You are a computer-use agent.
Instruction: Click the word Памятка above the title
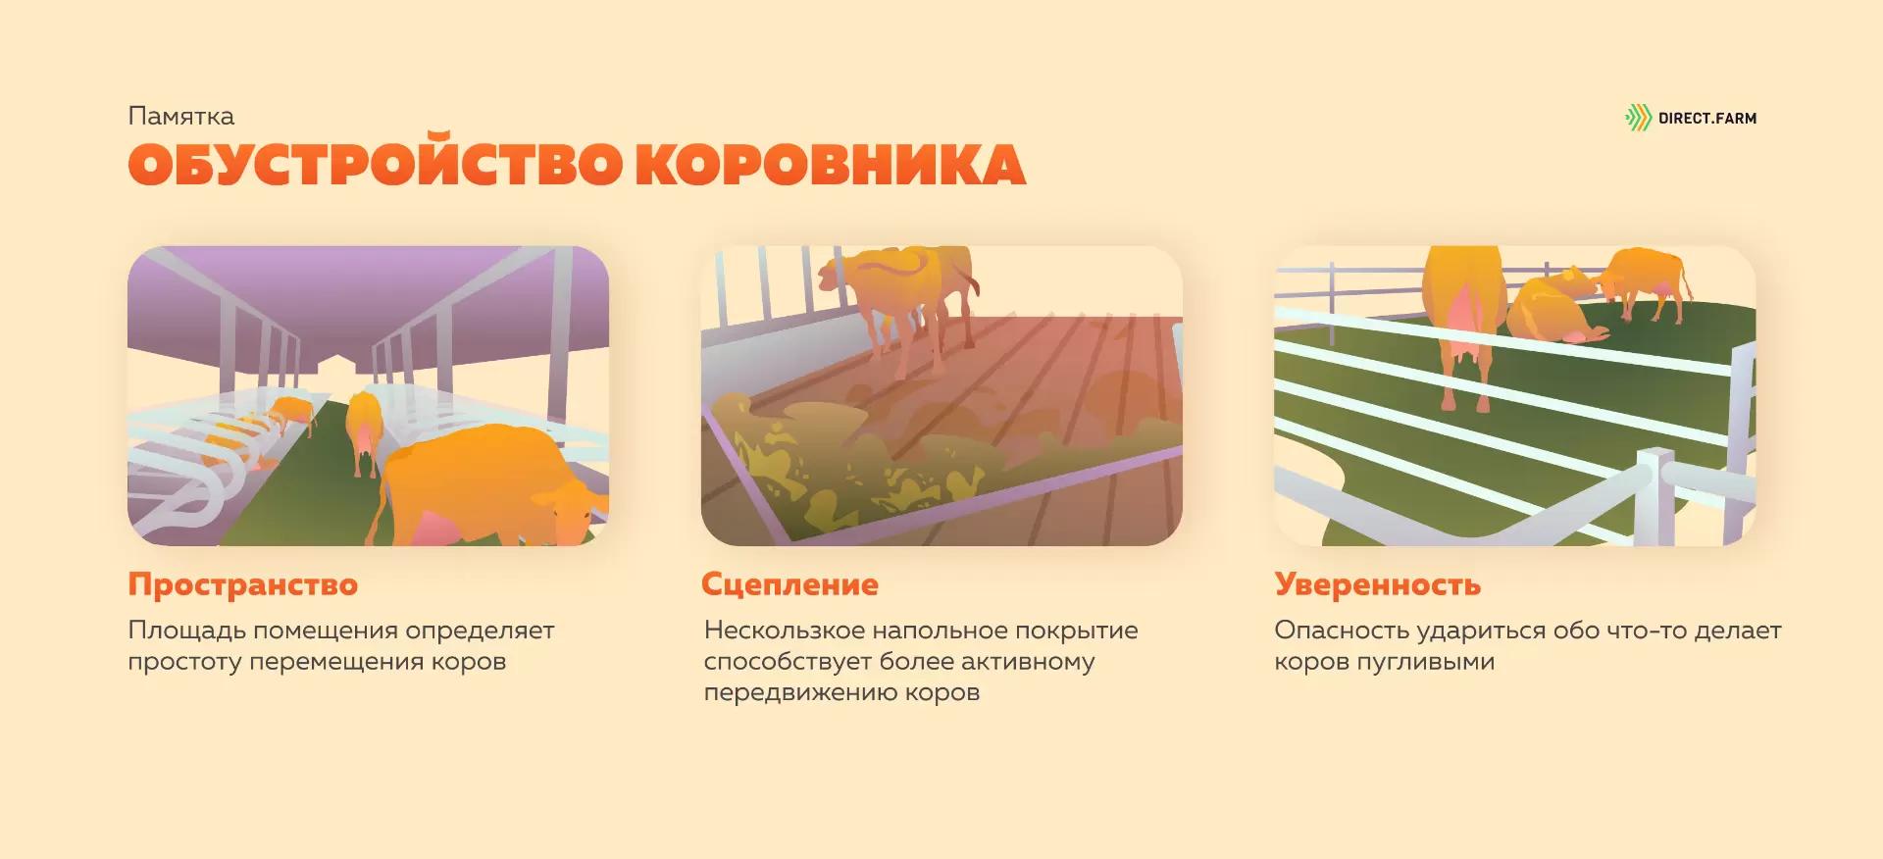click(180, 117)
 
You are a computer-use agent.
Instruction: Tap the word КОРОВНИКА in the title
click(830, 166)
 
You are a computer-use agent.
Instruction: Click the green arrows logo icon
click(1638, 118)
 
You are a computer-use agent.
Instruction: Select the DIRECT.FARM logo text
click(1707, 119)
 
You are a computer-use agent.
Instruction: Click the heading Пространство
click(243, 584)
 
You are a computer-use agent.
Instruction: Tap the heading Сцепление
click(789, 585)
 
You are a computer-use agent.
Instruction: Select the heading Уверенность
click(1377, 584)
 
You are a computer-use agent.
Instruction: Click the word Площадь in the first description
click(186, 632)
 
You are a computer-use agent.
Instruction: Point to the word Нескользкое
click(785, 630)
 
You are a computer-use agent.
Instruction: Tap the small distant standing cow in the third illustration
click(1644, 279)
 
